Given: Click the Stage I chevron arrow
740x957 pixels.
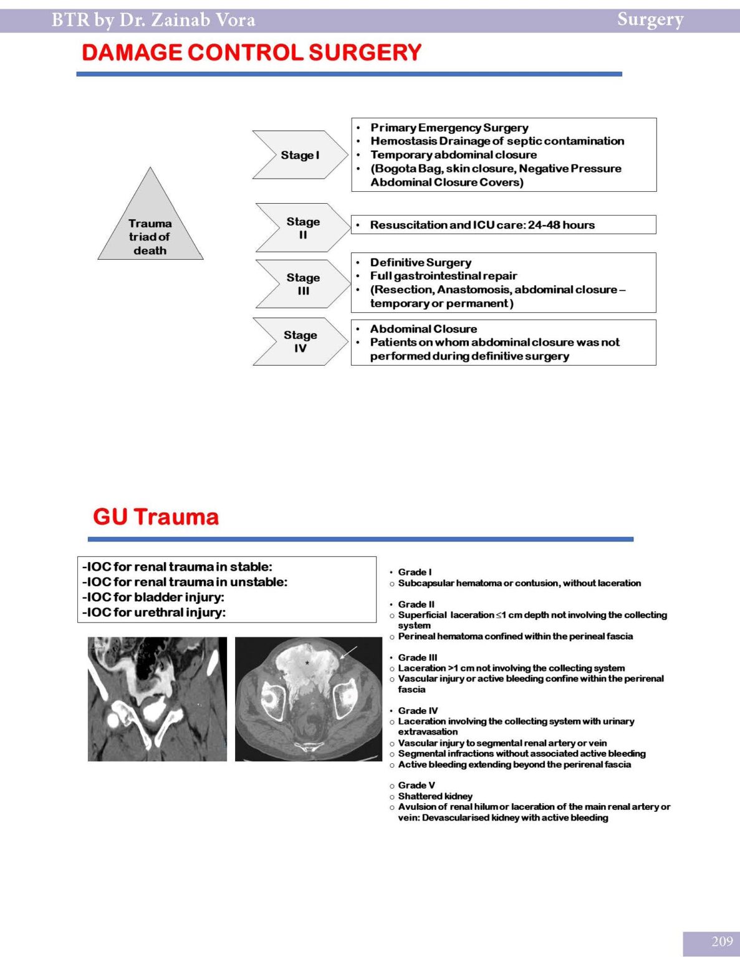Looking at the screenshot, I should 300,155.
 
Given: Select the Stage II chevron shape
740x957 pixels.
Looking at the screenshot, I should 303,228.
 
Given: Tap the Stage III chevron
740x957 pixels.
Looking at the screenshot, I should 303,284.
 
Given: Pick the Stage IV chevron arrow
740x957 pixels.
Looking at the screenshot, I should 300,341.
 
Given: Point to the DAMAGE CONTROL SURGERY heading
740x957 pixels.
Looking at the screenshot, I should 251,52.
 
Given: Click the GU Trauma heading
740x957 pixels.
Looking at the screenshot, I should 156,517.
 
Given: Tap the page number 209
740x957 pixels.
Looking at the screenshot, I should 722,941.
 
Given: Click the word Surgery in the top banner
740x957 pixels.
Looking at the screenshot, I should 650,19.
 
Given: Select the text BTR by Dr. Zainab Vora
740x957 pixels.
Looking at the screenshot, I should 153,20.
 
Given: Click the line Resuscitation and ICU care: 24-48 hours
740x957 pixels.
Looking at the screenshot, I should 482,225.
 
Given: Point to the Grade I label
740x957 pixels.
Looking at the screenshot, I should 415,572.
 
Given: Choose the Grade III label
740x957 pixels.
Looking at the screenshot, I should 418,657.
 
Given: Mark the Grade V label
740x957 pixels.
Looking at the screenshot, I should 416,785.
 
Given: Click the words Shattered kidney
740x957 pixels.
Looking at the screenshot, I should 435,796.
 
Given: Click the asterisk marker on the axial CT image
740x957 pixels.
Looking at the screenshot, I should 307,664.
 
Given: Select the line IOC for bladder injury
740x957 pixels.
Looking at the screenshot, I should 153,597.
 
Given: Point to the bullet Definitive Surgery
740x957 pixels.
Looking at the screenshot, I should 420,262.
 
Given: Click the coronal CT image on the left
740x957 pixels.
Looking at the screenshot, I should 157,698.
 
